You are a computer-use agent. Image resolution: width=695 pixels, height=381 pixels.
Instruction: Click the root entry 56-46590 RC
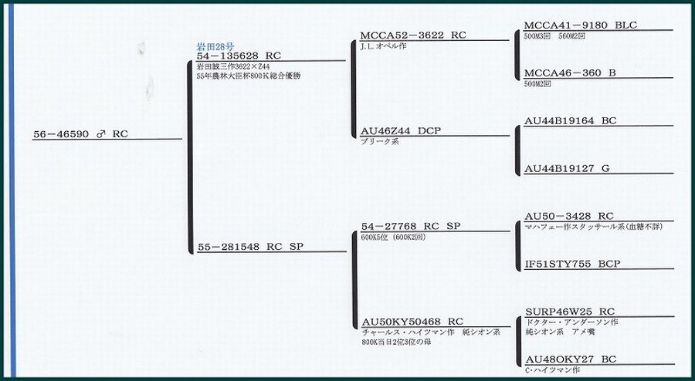[80, 134]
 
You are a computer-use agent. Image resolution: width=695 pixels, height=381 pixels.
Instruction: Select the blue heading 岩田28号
[215, 46]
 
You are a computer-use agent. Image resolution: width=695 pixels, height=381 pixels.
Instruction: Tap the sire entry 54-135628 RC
[239, 56]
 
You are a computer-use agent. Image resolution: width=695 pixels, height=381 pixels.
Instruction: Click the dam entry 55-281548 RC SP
[250, 248]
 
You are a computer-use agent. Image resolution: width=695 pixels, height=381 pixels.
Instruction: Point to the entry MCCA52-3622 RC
[413, 35]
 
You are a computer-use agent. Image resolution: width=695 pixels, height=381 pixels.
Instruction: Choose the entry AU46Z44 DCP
[401, 131]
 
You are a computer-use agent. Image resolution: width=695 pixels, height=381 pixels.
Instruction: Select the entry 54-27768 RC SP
[411, 226]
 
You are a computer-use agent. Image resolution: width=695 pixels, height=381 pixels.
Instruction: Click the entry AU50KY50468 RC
[412, 322]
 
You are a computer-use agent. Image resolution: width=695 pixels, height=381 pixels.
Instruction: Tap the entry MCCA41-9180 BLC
[580, 25]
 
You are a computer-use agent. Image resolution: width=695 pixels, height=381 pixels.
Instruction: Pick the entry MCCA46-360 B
[570, 73]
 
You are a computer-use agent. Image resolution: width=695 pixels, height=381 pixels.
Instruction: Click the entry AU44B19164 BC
[570, 121]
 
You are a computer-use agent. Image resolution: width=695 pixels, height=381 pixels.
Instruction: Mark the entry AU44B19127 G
[567, 169]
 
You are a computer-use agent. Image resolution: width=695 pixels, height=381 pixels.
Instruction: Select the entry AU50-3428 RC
[569, 216]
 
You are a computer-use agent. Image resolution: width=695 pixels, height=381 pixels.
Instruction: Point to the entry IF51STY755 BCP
[572, 264]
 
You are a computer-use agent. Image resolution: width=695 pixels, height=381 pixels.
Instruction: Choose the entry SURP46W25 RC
[569, 312]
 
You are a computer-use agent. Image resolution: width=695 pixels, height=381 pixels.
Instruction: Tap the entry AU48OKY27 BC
[570, 359]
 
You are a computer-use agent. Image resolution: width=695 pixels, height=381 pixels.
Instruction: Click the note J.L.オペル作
[383, 46]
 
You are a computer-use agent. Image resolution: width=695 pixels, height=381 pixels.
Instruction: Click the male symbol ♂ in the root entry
[100, 134]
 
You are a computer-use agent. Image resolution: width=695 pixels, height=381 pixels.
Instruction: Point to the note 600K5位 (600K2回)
[393, 237]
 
